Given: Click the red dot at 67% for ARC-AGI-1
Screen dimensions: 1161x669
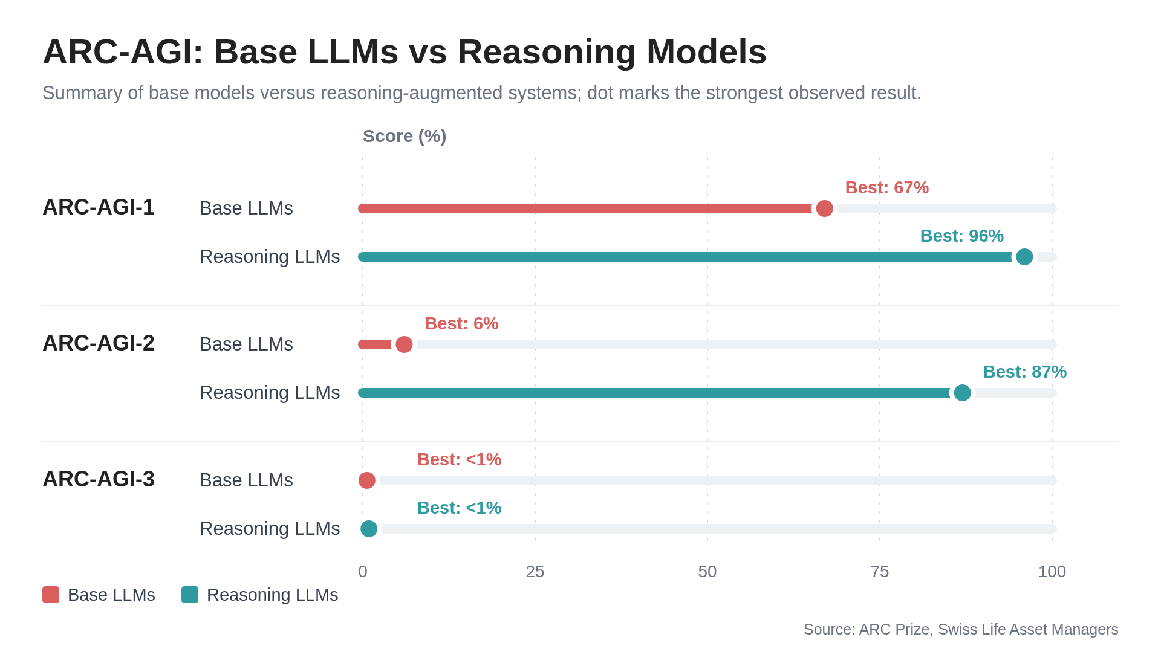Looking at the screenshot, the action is tap(824, 208).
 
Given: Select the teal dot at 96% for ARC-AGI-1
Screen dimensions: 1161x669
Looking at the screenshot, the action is tap(1024, 257).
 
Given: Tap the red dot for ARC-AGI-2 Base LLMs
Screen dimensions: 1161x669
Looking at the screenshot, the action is tap(404, 344).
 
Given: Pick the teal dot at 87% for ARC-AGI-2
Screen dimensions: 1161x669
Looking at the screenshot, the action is tap(962, 393).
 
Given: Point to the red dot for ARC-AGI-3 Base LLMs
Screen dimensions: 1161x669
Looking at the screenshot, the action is tap(367, 480).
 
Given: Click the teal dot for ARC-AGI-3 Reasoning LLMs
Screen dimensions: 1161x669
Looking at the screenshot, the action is tap(369, 529).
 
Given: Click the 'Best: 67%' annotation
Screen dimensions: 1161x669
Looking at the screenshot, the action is tap(886, 187).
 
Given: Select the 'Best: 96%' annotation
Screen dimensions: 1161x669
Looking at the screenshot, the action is tap(961, 236).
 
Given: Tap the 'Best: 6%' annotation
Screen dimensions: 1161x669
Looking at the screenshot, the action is tap(461, 323).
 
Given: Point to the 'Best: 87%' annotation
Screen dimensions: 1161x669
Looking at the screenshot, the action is tap(1024, 372).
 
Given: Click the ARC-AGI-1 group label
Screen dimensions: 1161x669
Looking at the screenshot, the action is tap(99, 207).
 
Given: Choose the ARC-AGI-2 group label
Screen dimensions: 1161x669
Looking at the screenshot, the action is tap(99, 343).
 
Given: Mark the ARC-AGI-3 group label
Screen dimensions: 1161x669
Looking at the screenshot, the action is tap(99, 479).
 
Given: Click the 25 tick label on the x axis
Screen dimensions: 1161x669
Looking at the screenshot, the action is tap(535, 572).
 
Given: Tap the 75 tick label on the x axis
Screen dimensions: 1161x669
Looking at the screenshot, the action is tap(880, 572).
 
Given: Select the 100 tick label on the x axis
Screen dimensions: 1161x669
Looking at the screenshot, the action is tap(1052, 572).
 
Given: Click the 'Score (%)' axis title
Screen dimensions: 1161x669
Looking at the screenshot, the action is tap(405, 137).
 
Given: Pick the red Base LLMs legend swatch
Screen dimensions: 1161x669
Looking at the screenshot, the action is tap(51, 595).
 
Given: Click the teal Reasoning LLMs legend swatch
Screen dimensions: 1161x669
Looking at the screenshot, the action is tap(190, 595).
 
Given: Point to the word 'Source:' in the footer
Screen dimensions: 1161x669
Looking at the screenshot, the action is tap(829, 630).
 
